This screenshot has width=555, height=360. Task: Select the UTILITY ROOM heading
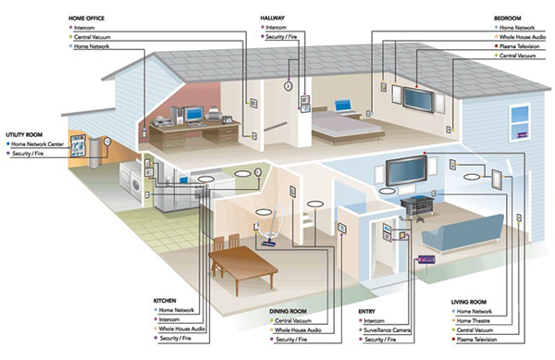pyautogui.click(x=26, y=134)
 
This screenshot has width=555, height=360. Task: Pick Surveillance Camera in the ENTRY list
pyautogui.click(x=387, y=329)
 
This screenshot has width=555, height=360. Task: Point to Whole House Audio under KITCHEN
pyautogui.click(x=186, y=329)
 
